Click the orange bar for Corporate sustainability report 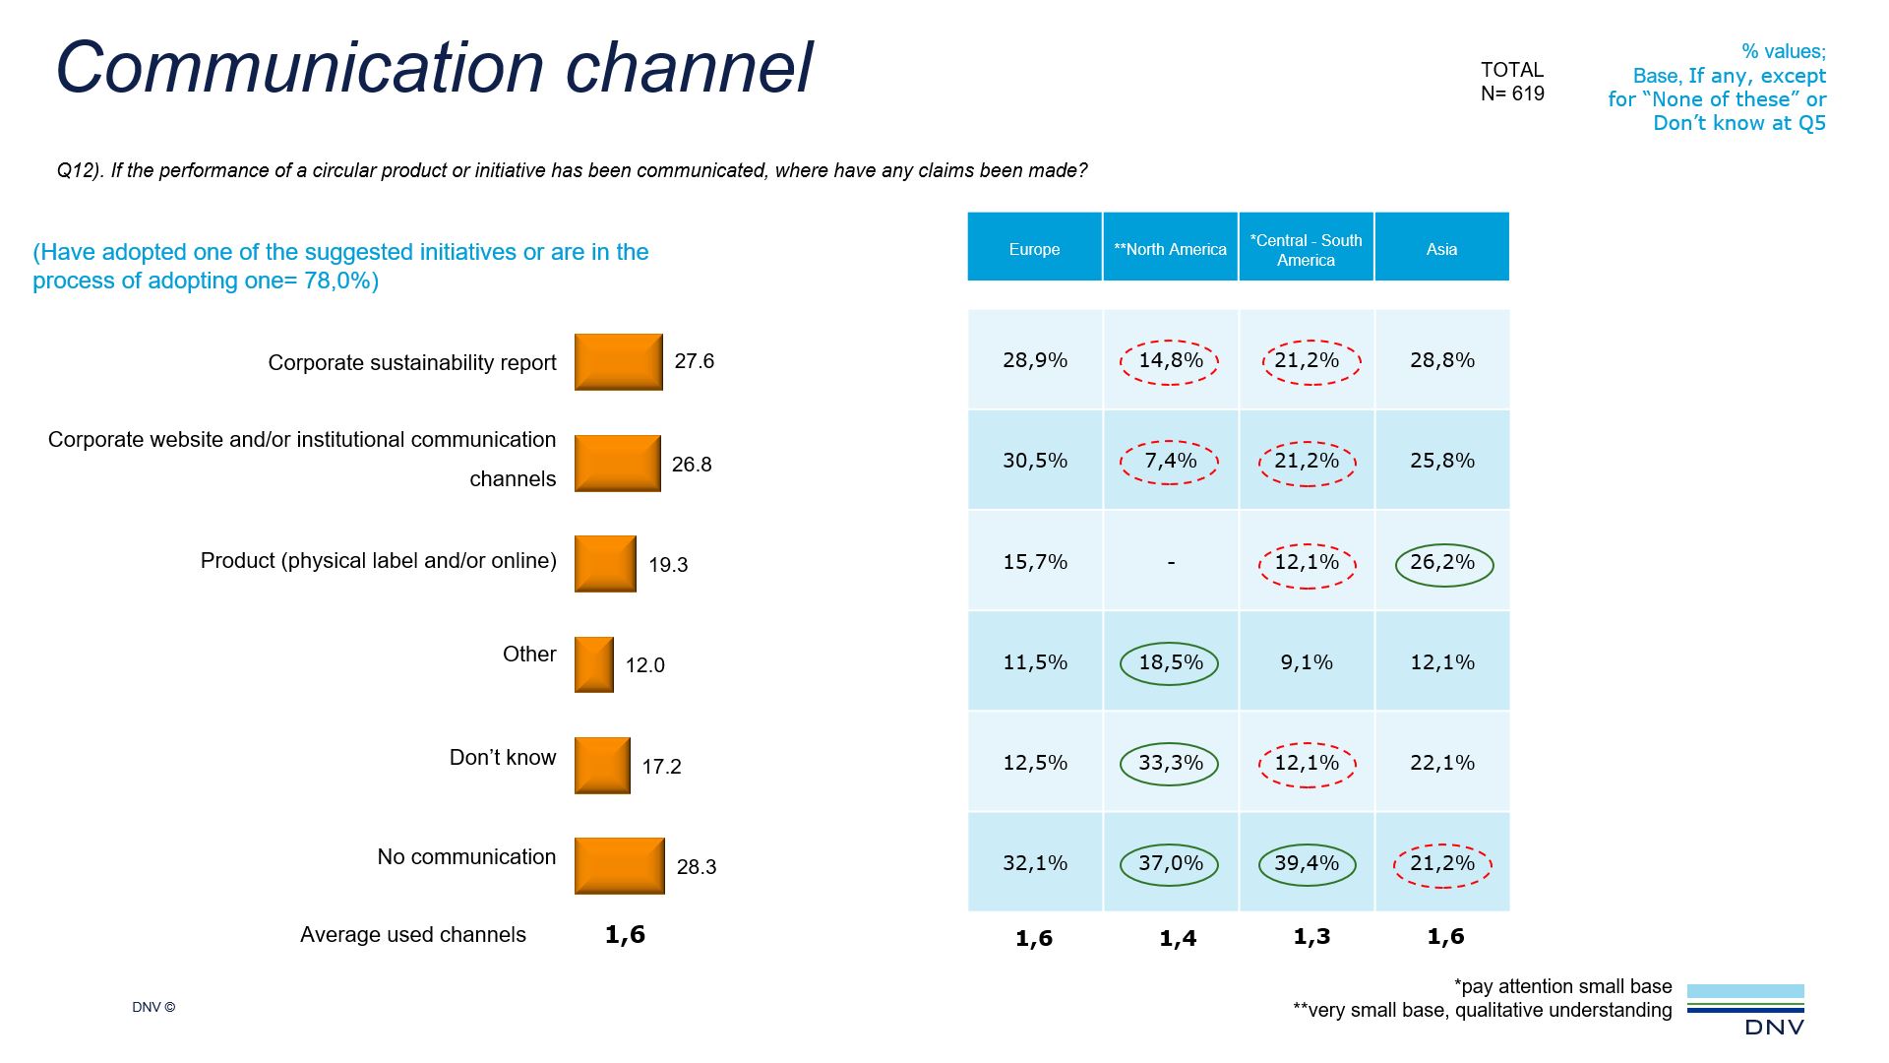[x=618, y=362]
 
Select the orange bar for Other [x=593, y=664]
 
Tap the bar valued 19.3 [x=605, y=564]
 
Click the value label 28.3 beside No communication [x=696, y=867]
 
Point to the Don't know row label [x=502, y=758]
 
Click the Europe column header [x=1034, y=249]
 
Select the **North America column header [x=1170, y=249]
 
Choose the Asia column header [x=1441, y=249]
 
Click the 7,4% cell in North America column [x=1170, y=462]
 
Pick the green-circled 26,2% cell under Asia [x=1443, y=563]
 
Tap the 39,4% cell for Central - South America [x=1307, y=864]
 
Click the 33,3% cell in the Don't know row [x=1170, y=764]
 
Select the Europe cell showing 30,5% [x=1034, y=461]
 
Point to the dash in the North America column [x=1171, y=563]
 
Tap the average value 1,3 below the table [x=1311, y=937]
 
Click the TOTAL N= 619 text [x=1512, y=82]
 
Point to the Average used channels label [x=412, y=935]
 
